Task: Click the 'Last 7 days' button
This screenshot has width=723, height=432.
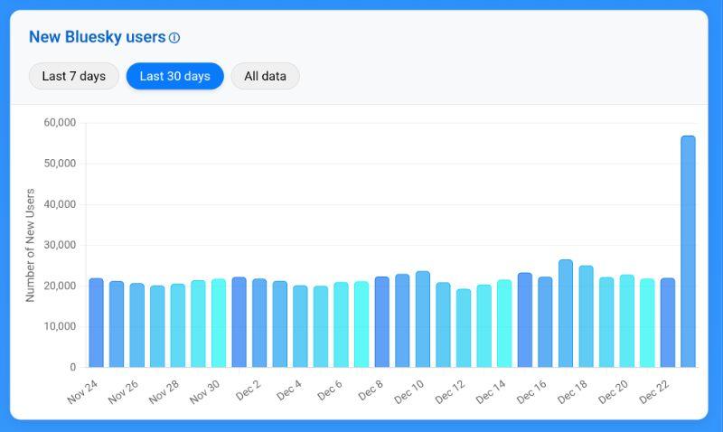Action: (x=73, y=76)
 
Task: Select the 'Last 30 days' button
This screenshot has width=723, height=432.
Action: (x=174, y=76)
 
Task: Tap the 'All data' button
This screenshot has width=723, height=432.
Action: (x=265, y=76)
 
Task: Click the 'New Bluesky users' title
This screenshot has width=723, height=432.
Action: (x=97, y=37)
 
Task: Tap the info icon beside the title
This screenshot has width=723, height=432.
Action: (x=174, y=38)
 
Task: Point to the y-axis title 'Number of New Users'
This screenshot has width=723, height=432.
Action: (x=30, y=245)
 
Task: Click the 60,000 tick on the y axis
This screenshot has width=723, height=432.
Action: (x=60, y=122)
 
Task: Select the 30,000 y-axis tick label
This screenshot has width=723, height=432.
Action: (x=60, y=245)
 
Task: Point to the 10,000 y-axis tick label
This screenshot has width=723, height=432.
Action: (x=60, y=326)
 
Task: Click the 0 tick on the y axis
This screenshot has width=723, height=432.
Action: (x=72, y=367)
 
